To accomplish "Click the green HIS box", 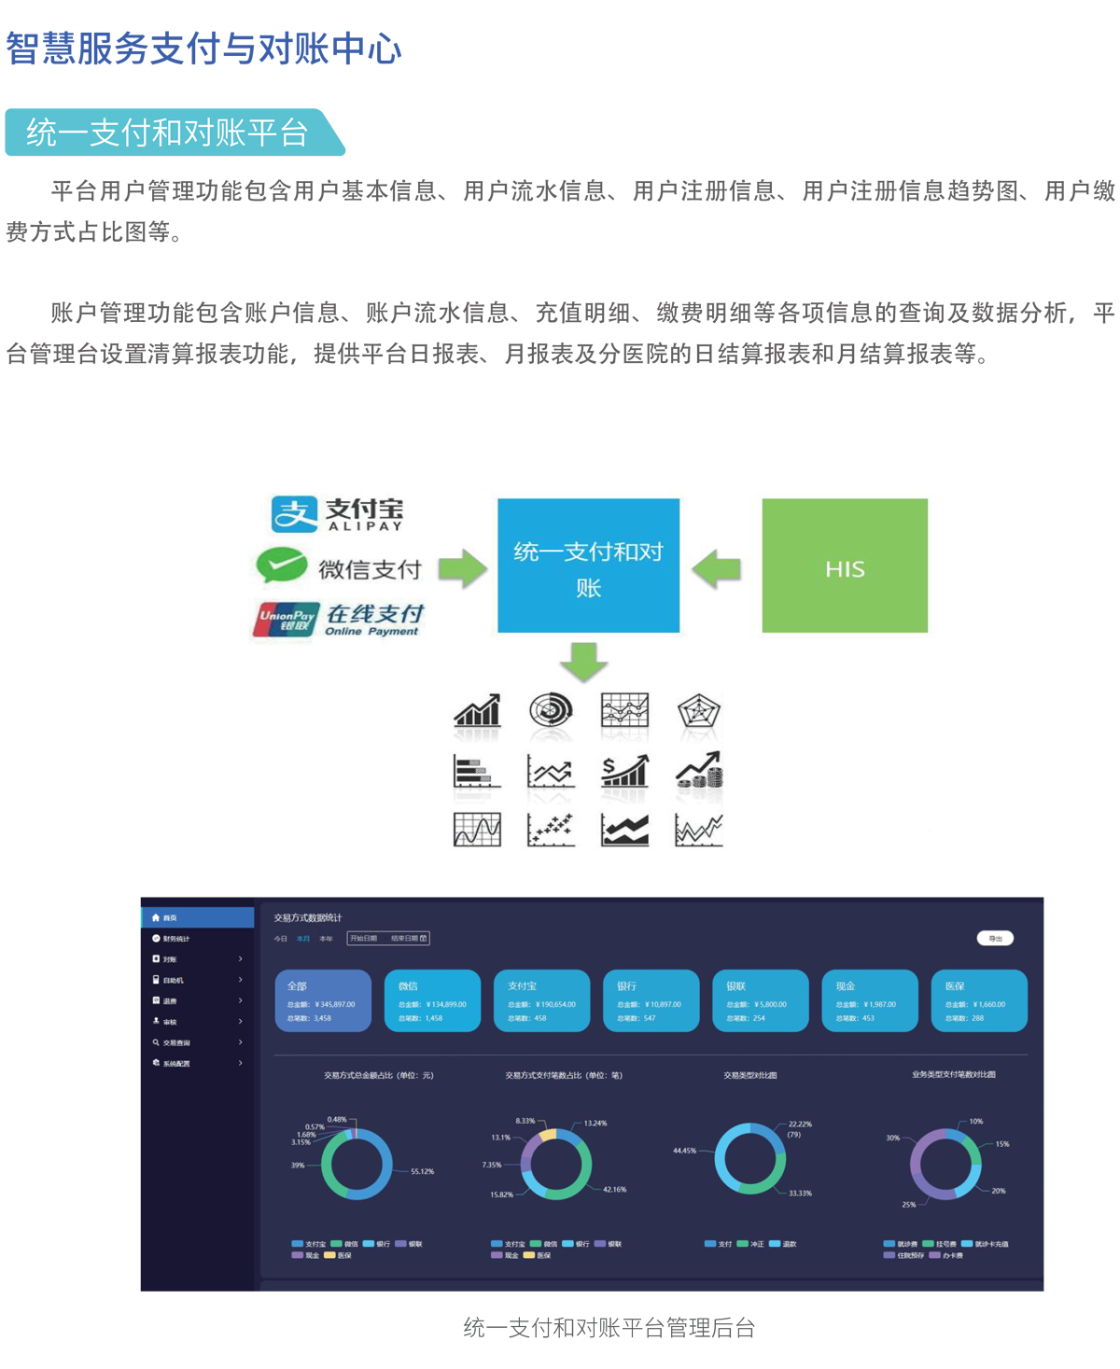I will point(845,566).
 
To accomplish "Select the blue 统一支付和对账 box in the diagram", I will point(588,566).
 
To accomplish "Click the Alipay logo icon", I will point(294,513).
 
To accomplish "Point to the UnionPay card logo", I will point(287,619).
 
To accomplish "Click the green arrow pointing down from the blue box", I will point(583,661).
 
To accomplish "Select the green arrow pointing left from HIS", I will point(717,567).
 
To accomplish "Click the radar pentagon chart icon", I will point(698,712).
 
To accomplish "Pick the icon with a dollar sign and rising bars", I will point(624,771).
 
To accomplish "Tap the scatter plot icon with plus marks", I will point(551,829).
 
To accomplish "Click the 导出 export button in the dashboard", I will point(995,938).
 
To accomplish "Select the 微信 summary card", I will point(432,1000).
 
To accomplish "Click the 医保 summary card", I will point(979,1000).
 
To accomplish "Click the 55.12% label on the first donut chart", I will point(422,1171).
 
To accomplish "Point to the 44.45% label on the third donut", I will point(684,1151).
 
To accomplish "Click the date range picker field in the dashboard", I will point(388,938).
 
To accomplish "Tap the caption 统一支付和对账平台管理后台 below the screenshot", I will point(609,1328).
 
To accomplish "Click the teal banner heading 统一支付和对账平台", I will point(168,133).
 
